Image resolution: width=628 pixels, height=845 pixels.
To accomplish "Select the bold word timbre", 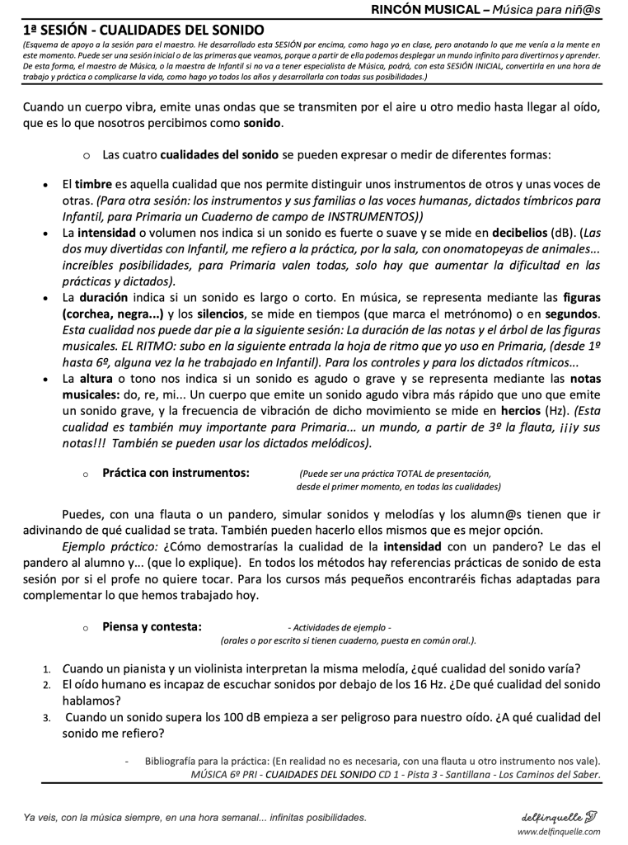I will tap(93, 184).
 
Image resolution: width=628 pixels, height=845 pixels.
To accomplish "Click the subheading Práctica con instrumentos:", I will tap(176, 473).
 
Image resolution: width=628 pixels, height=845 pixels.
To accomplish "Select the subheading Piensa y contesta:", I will tap(152, 626).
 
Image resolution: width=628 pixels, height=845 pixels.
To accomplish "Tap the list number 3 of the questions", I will tap(47, 717).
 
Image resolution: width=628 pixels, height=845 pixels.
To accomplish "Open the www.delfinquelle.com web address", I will tap(558, 832).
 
